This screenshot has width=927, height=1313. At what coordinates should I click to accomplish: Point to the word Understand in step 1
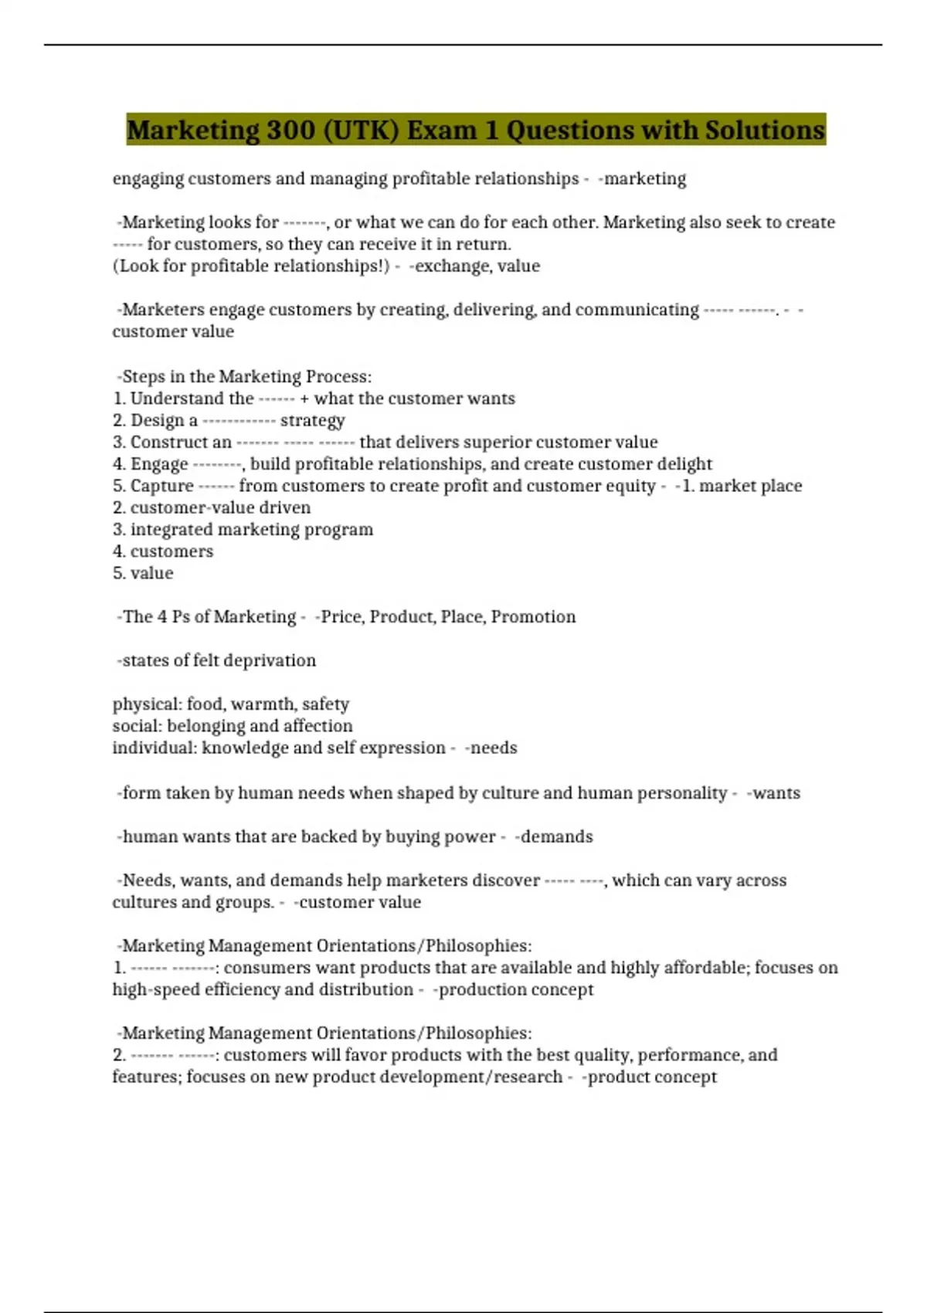click(x=192, y=399)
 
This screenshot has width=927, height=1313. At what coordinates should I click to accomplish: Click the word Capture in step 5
click(x=161, y=486)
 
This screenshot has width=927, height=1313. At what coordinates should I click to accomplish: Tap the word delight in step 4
click(x=684, y=464)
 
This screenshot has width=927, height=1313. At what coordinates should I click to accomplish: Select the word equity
click(x=630, y=486)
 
